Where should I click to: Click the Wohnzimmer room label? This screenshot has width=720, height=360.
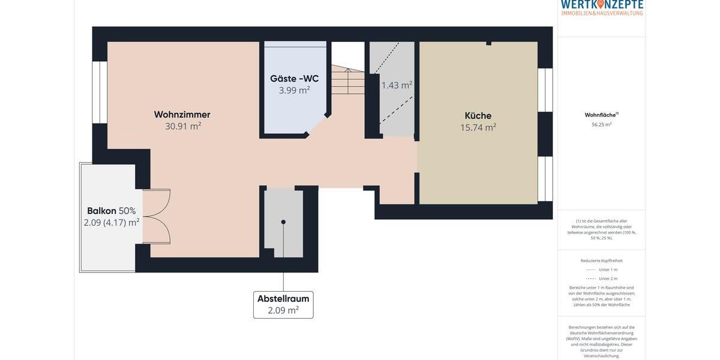(x=182, y=115)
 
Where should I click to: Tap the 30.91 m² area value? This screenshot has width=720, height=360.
(x=183, y=127)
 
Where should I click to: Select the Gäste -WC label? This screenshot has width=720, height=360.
(x=294, y=79)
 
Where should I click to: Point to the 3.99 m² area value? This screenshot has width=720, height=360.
(x=294, y=91)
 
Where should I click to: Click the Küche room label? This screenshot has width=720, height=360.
(x=478, y=116)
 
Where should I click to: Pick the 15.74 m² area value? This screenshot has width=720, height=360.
(x=478, y=128)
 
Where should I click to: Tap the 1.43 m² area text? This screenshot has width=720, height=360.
(x=397, y=85)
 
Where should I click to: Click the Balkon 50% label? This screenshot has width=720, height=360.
(x=111, y=211)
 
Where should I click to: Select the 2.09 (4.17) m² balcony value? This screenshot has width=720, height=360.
(x=112, y=223)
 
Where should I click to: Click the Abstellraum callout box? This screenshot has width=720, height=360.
(x=283, y=305)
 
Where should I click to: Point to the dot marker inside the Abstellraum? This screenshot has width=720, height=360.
(x=283, y=222)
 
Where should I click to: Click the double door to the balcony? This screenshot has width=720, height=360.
(x=157, y=217)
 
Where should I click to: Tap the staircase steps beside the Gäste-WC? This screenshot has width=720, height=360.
(x=348, y=81)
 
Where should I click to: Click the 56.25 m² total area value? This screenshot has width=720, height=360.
(x=601, y=125)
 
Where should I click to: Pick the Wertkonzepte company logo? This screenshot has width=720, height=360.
(x=602, y=7)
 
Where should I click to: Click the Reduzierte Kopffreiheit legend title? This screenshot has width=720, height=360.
(x=601, y=260)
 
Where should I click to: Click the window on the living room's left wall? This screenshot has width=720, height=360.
(x=99, y=92)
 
